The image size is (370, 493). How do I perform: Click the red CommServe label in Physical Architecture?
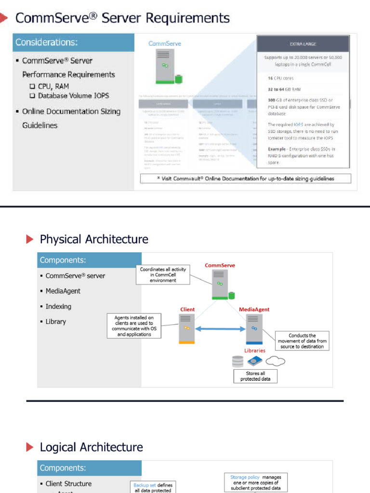[x=220, y=265]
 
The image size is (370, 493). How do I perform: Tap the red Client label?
[x=187, y=309]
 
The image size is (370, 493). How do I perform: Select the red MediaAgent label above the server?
[x=254, y=309]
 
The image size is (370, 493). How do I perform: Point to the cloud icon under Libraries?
[x=275, y=361]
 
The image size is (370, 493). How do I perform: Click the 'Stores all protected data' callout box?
[x=255, y=376]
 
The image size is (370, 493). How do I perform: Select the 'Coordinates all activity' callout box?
[x=163, y=274]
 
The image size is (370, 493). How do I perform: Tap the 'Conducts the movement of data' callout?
[x=302, y=341]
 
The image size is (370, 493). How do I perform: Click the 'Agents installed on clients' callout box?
[x=134, y=326]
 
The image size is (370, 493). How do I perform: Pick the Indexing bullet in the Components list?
[x=58, y=307]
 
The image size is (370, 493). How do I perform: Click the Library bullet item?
[x=55, y=322]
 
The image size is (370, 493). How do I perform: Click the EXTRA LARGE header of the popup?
[x=303, y=44]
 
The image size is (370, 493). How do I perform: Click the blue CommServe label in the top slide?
[x=165, y=44]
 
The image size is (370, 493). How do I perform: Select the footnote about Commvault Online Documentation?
[x=246, y=179]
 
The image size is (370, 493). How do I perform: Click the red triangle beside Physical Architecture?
[x=30, y=239]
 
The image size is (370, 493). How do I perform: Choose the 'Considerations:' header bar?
[x=73, y=42]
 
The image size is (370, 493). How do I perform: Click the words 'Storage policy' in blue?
[x=245, y=477]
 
